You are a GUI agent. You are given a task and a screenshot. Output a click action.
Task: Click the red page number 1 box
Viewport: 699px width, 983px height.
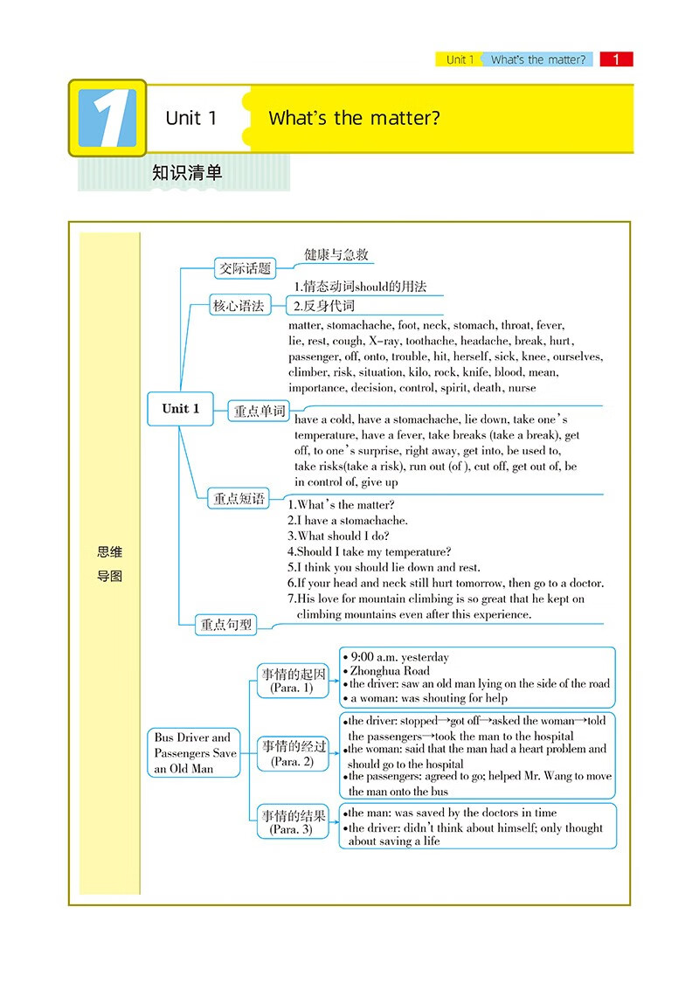point(616,59)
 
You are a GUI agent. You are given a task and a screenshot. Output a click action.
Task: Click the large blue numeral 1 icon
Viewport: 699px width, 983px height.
point(107,118)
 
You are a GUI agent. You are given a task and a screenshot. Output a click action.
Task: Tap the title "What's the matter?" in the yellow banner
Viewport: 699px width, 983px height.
point(354,118)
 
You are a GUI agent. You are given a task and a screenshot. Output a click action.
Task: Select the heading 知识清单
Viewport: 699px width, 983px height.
point(187,172)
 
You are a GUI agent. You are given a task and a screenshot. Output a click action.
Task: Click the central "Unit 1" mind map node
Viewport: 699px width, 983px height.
point(181,409)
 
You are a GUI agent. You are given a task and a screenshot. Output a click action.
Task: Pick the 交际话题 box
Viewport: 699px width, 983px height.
point(245,268)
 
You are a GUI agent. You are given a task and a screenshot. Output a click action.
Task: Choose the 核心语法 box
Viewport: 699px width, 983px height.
point(239,306)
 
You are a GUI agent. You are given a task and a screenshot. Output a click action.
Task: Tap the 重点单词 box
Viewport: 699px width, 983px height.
point(260,411)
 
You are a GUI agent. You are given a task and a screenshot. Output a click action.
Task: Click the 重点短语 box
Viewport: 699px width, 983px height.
point(239,499)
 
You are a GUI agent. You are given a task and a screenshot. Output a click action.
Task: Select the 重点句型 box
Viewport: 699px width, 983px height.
point(226,624)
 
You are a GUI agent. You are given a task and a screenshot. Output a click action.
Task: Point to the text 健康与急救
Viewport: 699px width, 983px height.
point(336,254)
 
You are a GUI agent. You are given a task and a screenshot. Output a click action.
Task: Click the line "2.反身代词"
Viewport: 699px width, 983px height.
point(323,306)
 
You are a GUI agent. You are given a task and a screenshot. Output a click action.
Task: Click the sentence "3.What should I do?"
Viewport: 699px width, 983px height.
point(339,536)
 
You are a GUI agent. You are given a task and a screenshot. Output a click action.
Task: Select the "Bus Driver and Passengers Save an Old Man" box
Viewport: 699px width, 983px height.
point(195,753)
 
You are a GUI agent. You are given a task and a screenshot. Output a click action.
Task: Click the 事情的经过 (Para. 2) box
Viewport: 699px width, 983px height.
point(293,753)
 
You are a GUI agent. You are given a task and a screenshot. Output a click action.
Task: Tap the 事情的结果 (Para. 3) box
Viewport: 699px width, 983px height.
point(293,822)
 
